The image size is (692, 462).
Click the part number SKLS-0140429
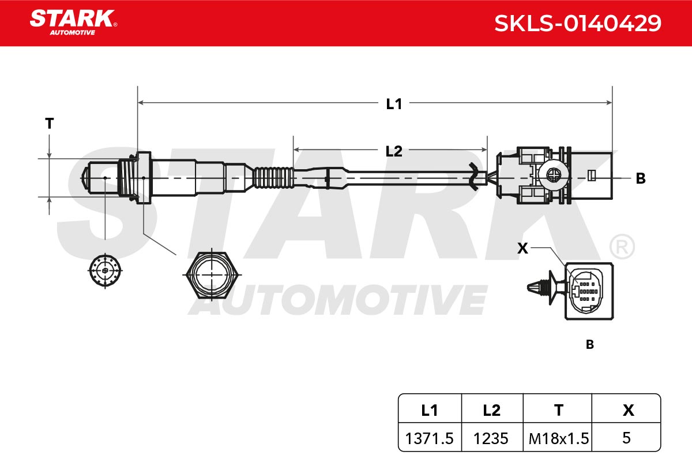coord(578,23)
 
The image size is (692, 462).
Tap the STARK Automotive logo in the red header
coord(74,23)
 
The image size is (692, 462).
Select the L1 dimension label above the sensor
coord(394,104)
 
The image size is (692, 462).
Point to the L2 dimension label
coord(394,151)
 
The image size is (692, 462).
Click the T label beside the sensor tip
coord(50,124)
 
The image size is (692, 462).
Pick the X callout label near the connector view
coord(522,248)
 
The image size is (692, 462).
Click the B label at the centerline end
coord(641,178)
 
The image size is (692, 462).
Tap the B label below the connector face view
coord(590,344)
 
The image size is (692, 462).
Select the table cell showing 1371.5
coord(429,438)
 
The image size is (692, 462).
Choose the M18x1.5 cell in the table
coord(559,438)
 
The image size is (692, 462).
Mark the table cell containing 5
coord(626,438)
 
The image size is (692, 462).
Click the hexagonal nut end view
coord(212,275)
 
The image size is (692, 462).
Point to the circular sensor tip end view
coord(105,270)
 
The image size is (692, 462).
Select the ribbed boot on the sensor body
coord(273,178)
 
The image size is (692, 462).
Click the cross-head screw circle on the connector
coord(554,175)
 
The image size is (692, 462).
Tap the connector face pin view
coord(586,291)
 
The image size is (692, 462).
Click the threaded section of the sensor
coord(127,178)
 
